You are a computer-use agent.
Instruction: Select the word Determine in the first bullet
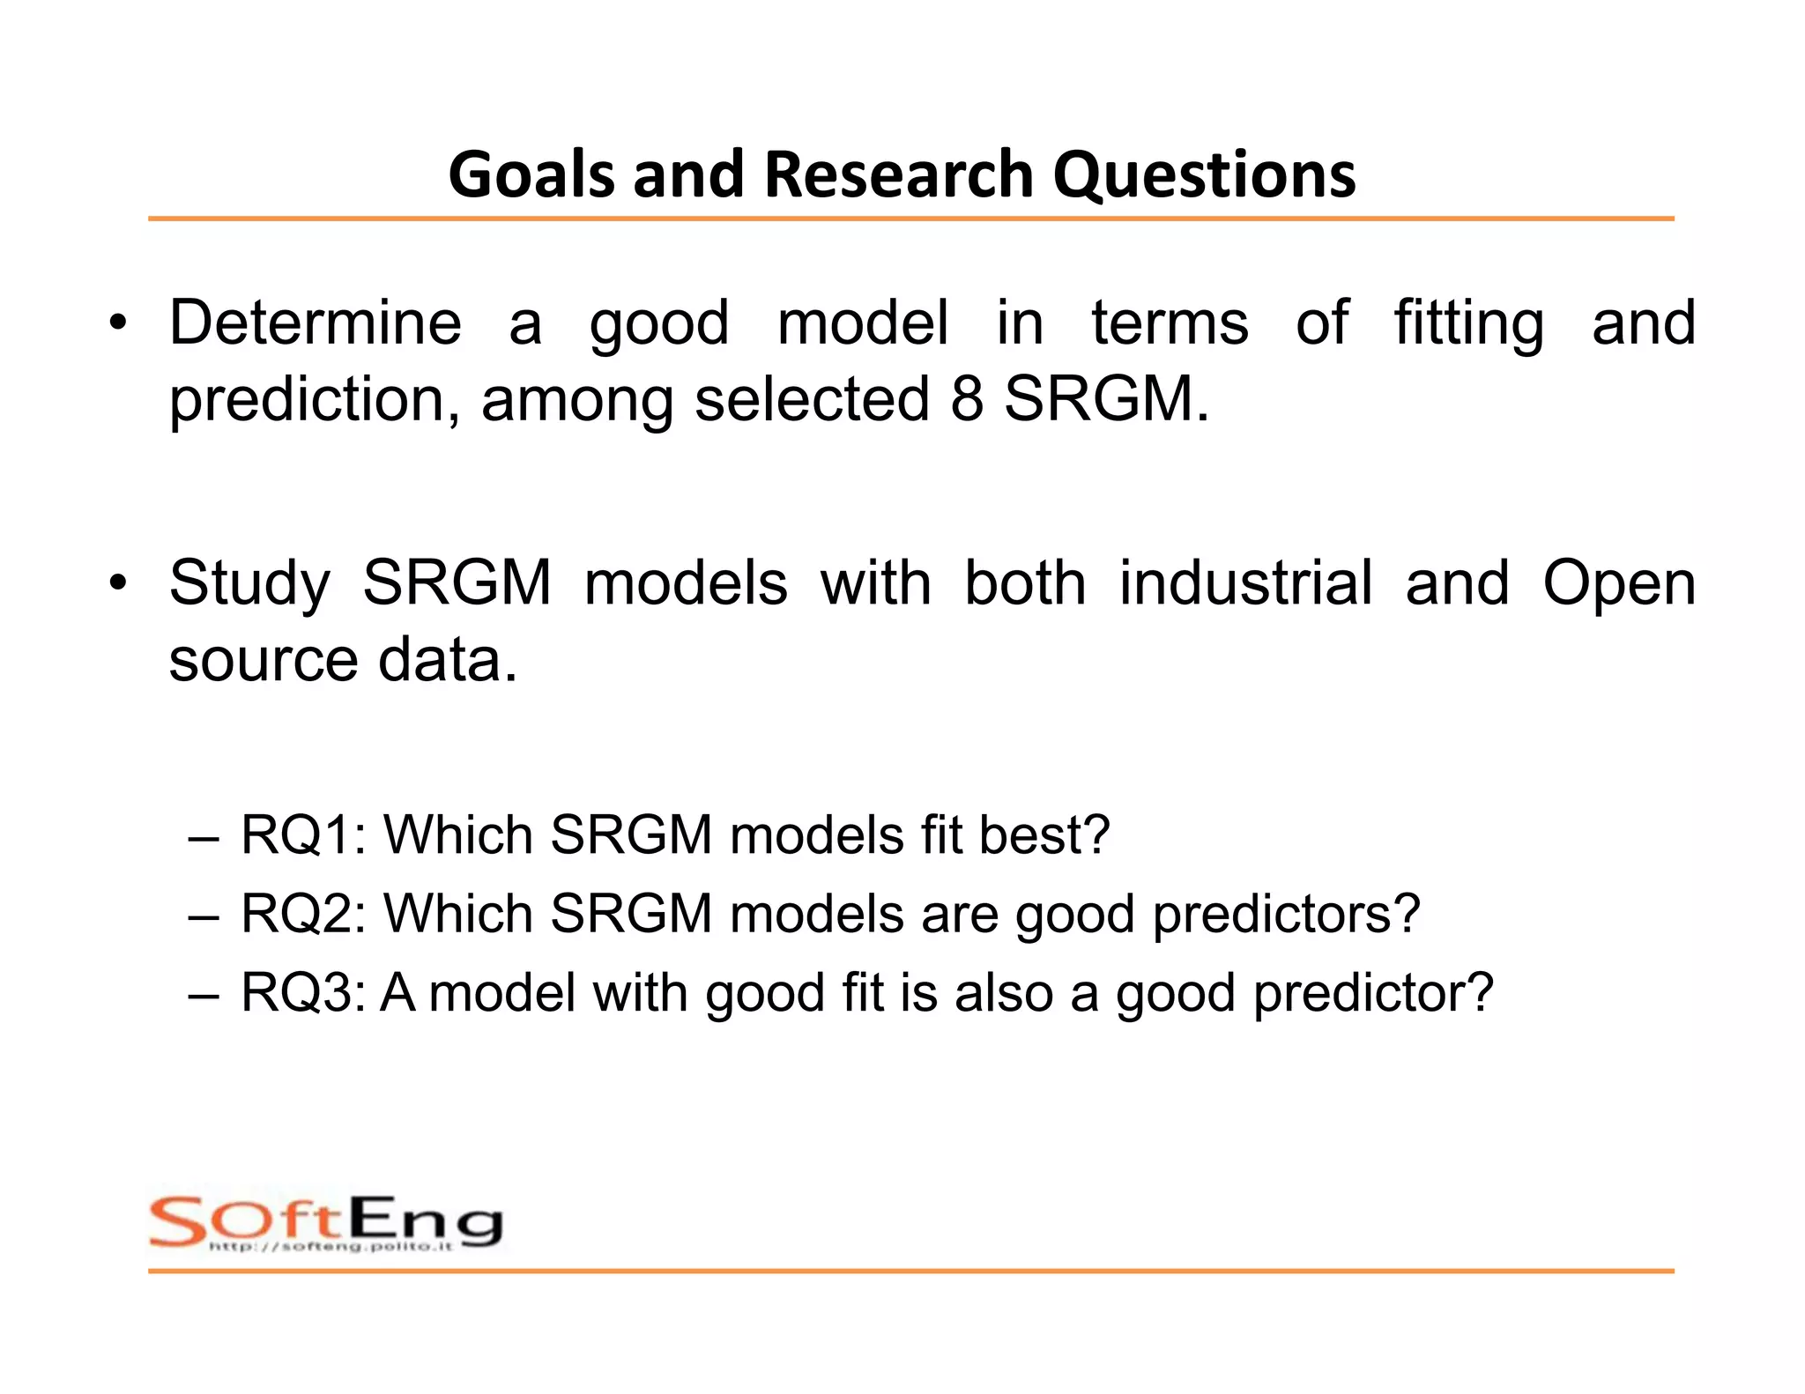click(316, 323)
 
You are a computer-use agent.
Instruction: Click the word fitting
click(1468, 324)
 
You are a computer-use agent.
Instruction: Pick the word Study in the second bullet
click(249, 583)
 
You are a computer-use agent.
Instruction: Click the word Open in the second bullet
click(1618, 585)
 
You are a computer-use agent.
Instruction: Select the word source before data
click(263, 660)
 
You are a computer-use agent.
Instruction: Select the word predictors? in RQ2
click(1287, 915)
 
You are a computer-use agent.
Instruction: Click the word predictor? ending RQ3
click(1373, 994)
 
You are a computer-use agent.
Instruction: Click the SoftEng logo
click(326, 1220)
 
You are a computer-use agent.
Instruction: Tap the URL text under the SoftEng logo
click(331, 1246)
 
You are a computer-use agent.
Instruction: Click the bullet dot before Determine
click(118, 323)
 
